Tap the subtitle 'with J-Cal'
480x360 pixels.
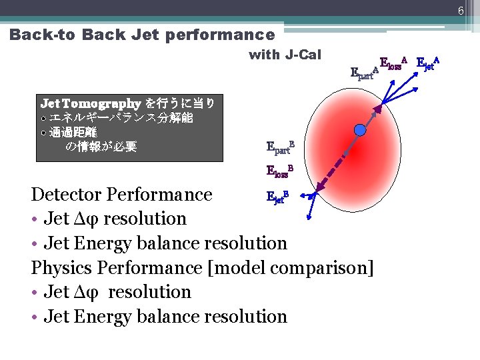285,55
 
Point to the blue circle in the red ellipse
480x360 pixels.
360,131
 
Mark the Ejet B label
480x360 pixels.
277,196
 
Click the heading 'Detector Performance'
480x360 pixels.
122,195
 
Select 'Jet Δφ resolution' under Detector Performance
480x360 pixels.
115,219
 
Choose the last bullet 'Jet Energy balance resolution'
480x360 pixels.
165,317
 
